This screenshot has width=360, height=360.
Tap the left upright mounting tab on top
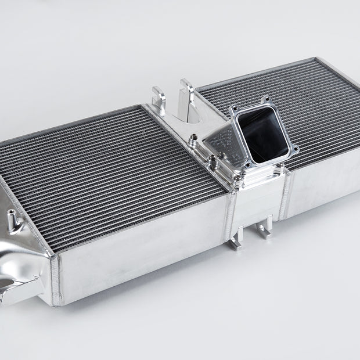pos(159,99)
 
